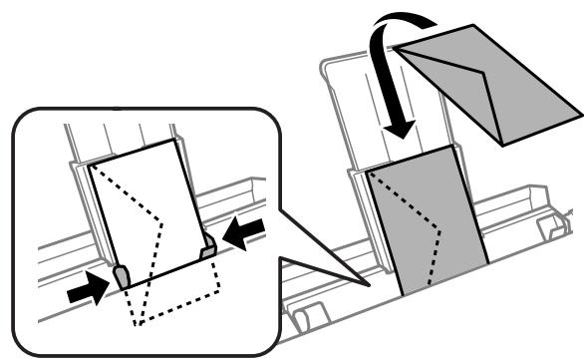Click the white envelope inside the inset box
pyautogui.click(x=149, y=209)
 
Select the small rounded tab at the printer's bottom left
pyautogui.click(x=306, y=321)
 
